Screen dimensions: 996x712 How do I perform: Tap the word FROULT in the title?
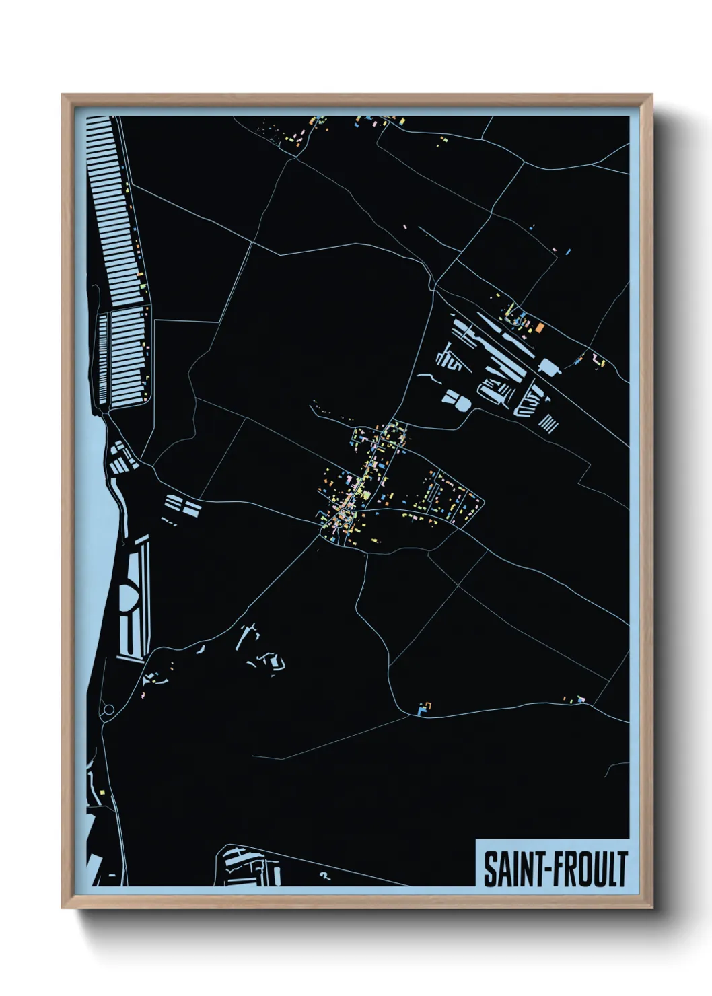tap(592, 869)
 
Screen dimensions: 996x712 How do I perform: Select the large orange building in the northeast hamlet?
tap(540, 328)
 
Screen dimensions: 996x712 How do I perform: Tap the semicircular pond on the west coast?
tap(129, 595)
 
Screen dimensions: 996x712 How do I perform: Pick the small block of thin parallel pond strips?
tap(549, 423)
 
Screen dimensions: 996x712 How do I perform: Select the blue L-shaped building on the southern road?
tap(422, 710)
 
